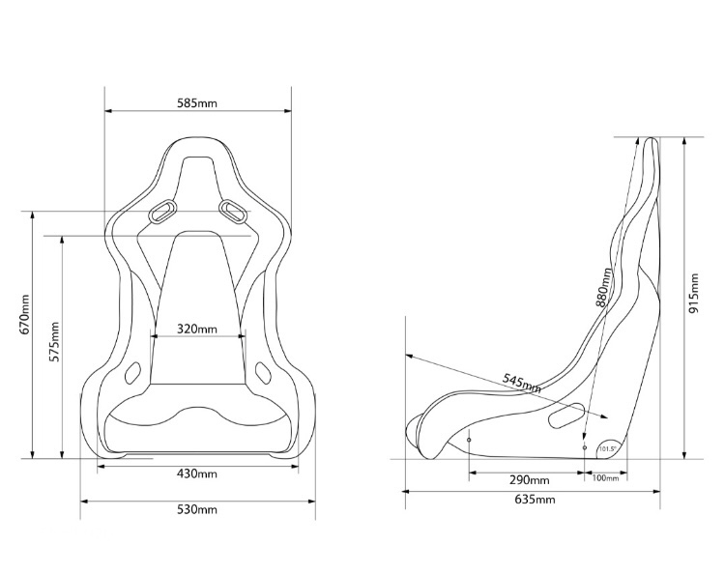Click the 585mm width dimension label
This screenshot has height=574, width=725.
point(197,101)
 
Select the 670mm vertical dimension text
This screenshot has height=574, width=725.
point(25,315)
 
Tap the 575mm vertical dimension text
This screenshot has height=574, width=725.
point(54,339)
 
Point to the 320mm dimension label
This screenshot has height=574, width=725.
point(197,329)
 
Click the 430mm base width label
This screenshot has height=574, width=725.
point(197,474)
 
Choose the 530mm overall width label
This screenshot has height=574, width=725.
point(197,509)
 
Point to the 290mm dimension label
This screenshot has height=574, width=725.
point(529,480)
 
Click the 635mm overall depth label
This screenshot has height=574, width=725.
point(536,500)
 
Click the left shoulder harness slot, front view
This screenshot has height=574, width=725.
point(164,209)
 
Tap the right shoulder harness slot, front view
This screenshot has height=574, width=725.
point(232,208)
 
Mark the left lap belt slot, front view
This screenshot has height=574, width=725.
point(134,370)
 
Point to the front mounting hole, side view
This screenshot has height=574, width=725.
point(469,440)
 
